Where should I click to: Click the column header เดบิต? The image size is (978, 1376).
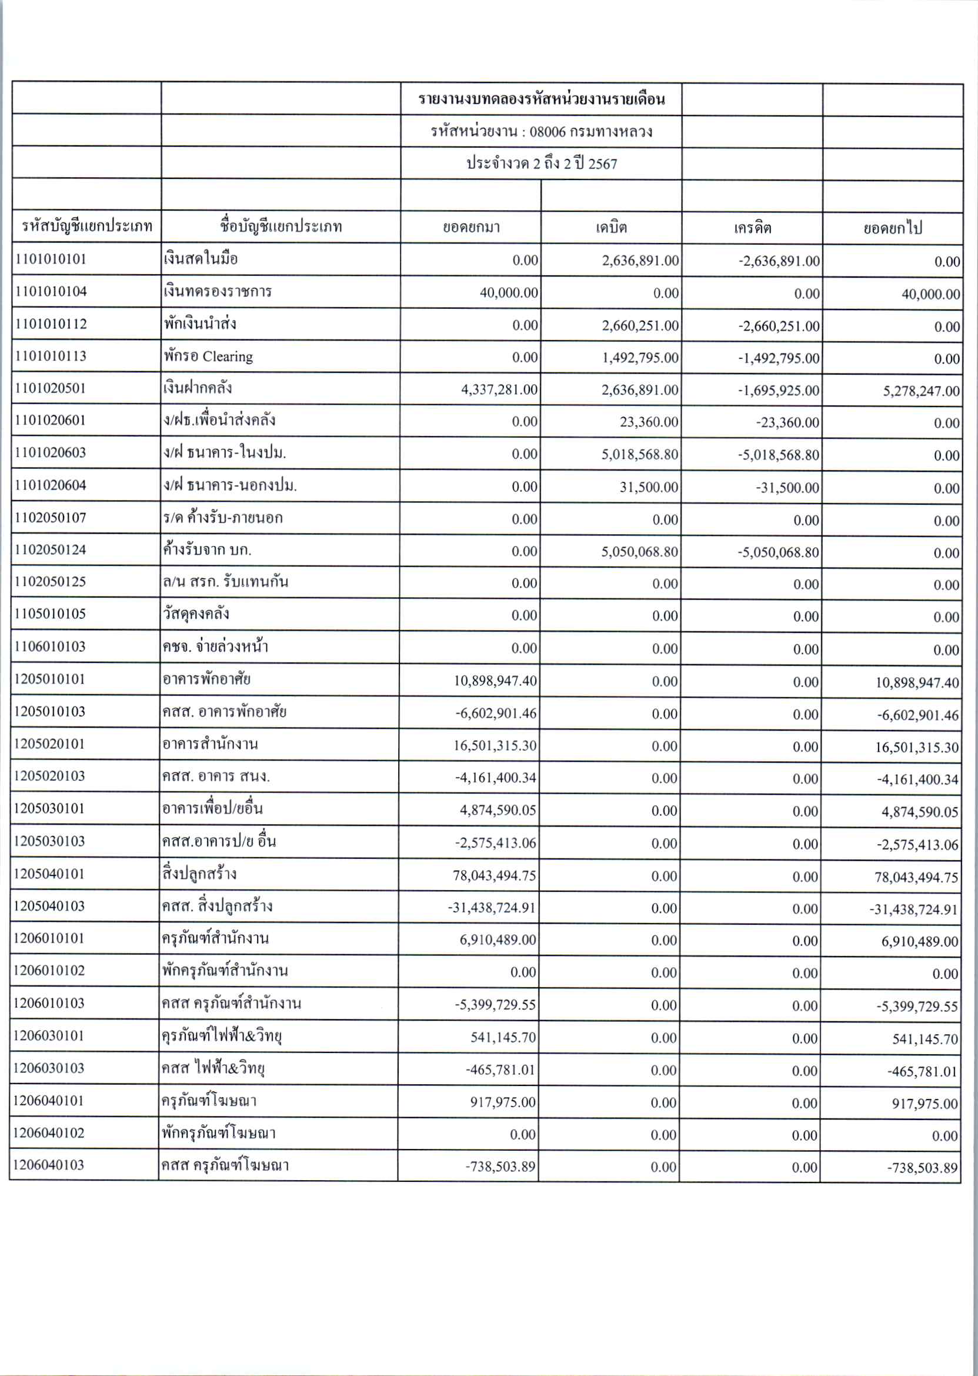(x=611, y=227)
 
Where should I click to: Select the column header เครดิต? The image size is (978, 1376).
(x=752, y=228)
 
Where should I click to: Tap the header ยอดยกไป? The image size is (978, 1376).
(x=892, y=228)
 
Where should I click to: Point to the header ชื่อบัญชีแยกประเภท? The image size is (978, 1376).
(x=281, y=226)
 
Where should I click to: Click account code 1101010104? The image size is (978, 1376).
(x=51, y=292)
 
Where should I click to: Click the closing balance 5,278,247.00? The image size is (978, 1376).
(x=921, y=391)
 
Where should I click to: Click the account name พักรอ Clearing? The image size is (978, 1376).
(x=208, y=356)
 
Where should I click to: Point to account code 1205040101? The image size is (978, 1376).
(x=49, y=874)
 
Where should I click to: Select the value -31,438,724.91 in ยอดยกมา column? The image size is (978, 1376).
(x=492, y=907)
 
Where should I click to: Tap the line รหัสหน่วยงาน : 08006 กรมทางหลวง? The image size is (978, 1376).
(x=541, y=131)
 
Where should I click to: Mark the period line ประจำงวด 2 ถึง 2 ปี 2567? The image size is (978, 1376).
(x=542, y=164)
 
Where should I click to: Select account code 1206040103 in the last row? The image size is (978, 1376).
(x=48, y=1165)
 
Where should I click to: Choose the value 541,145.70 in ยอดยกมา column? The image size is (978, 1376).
(x=503, y=1037)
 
